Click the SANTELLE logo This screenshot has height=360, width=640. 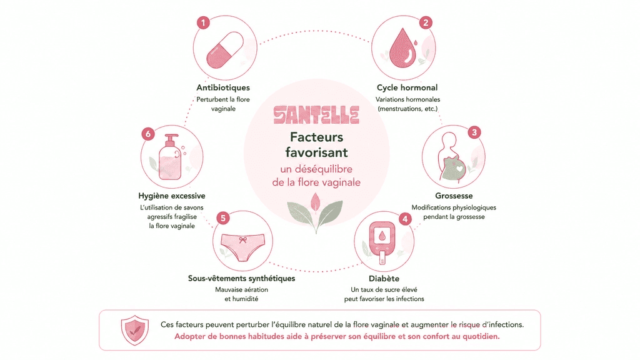[x=316, y=115]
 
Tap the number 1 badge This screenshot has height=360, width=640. [x=203, y=22]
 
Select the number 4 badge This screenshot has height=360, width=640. [x=405, y=219]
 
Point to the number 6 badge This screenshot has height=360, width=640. [x=148, y=134]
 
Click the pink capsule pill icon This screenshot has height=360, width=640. [x=225, y=50]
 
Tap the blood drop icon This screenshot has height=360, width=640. [x=403, y=47]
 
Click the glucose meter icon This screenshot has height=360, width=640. [x=382, y=243]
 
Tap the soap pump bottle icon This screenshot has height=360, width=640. [x=171, y=157]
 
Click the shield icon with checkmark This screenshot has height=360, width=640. [x=135, y=330]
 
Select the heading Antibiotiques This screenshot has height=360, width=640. [x=223, y=87]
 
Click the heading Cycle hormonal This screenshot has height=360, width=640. [x=407, y=87]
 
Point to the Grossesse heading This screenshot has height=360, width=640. [x=454, y=196]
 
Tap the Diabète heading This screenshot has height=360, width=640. [x=384, y=278]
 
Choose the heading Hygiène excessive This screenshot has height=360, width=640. [x=172, y=196]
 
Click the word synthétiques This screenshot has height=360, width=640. [x=269, y=278]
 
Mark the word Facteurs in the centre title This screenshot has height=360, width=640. [x=317, y=137]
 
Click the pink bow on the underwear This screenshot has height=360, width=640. [x=243, y=240]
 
